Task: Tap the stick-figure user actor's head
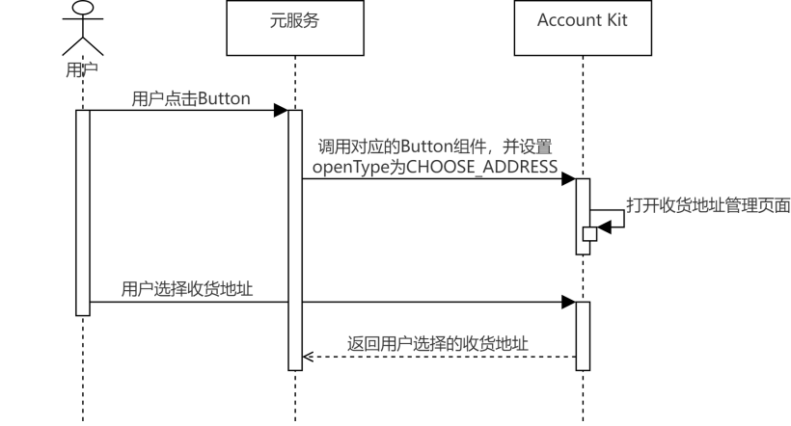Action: pyautogui.click(x=83, y=9)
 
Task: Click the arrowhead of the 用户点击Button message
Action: pyautogui.click(x=282, y=111)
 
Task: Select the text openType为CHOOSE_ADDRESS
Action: pyautogui.click(x=434, y=166)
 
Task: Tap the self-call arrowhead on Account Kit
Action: pyautogui.click(x=604, y=227)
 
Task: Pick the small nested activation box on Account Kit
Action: pyautogui.click(x=589, y=234)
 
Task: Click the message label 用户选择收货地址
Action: pyautogui.click(x=187, y=289)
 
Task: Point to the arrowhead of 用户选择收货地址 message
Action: pyautogui.click(x=570, y=303)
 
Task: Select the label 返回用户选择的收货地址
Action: pyautogui.click(x=438, y=343)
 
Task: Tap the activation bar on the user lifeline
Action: pyautogui.click(x=83, y=212)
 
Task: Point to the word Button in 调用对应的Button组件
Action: pyautogui.click(x=414, y=146)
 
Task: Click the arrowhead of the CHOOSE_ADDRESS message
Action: pyautogui.click(x=570, y=178)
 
